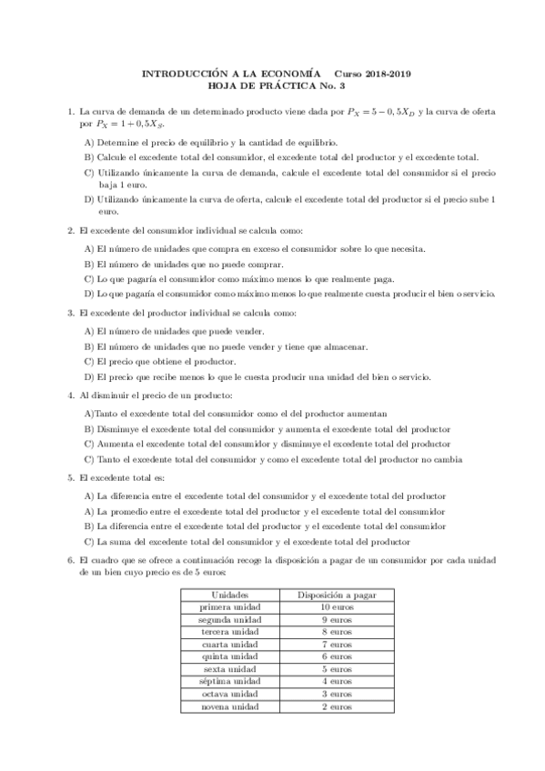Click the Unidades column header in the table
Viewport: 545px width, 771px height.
tap(221, 595)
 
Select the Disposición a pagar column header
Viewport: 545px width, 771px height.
tap(324, 595)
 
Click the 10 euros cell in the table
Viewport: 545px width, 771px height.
tap(324, 606)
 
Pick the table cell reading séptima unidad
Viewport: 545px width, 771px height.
tap(221, 682)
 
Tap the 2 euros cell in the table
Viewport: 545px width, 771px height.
tap(324, 706)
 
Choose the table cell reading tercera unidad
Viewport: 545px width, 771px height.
tap(221, 631)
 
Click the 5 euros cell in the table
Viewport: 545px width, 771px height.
tap(324, 669)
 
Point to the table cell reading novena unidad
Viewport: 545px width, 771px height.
tap(221, 706)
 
